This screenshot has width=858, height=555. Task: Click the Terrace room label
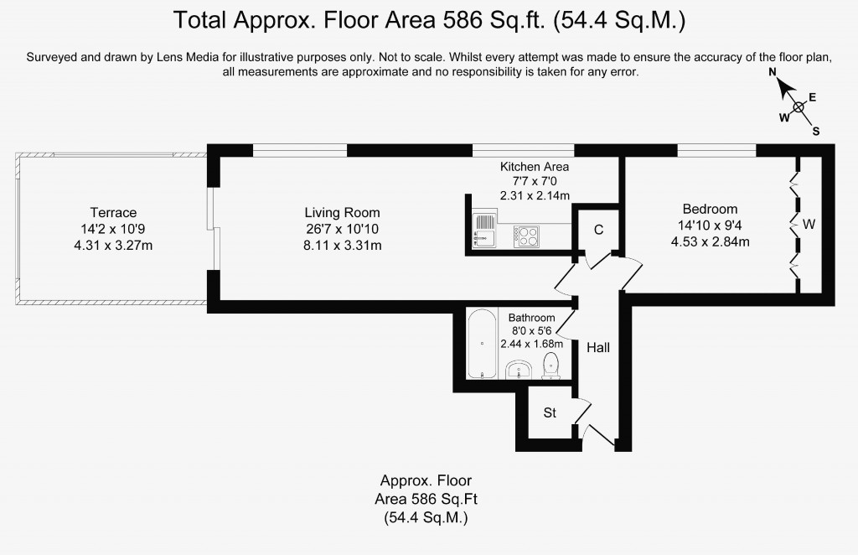click(113, 212)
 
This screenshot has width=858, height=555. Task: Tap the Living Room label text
click(342, 212)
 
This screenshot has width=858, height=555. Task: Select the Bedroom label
click(710, 209)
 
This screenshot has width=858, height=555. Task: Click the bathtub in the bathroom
click(482, 344)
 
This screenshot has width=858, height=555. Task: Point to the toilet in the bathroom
click(550, 365)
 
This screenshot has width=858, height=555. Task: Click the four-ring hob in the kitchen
click(526, 236)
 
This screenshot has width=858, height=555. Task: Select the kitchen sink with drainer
click(485, 230)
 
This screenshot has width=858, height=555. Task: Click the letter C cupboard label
click(598, 230)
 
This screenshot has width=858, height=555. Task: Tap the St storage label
click(550, 412)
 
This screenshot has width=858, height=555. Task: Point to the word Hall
click(598, 348)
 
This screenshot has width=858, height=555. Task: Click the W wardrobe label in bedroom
click(809, 224)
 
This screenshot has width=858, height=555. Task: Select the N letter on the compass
click(773, 72)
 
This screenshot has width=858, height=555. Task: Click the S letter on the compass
click(816, 132)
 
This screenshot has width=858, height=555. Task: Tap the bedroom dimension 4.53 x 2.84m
click(711, 241)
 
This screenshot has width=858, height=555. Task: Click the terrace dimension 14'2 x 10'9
click(113, 229)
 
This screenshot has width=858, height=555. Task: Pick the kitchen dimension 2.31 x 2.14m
click(535, 195)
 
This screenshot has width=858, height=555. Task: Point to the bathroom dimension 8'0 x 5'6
click(532, 330)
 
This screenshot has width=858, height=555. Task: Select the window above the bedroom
click(717, 151)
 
